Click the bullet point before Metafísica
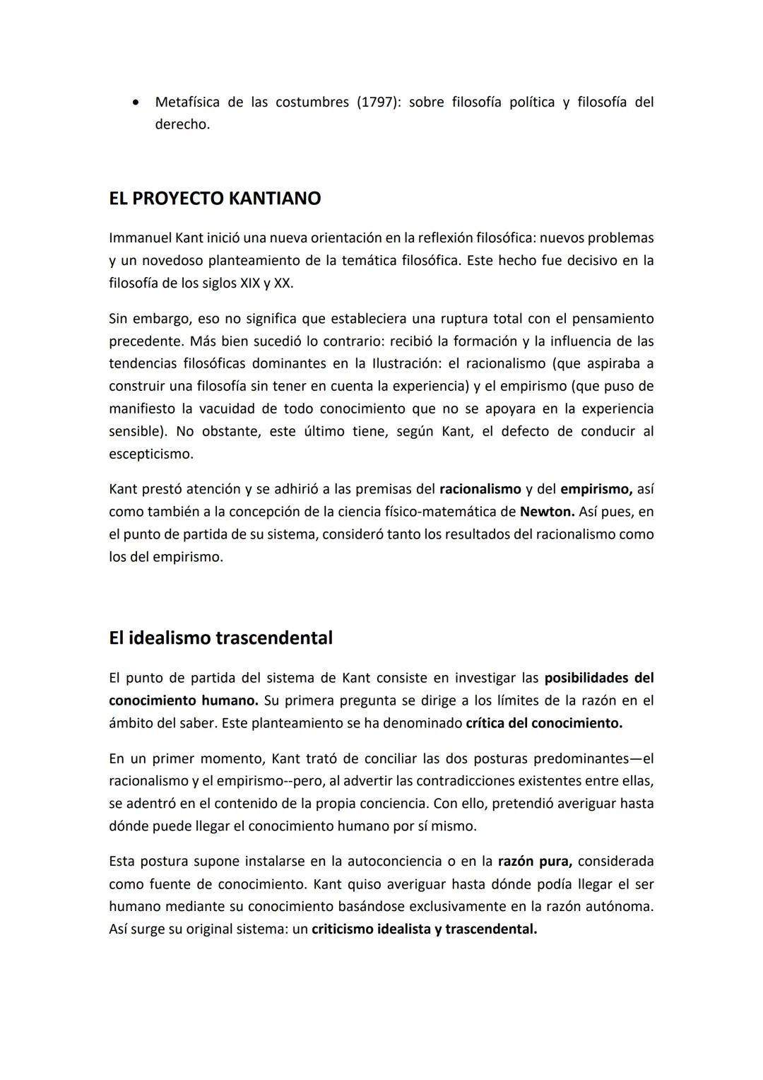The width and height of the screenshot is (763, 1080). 135,102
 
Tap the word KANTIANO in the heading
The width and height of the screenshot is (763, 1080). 274,199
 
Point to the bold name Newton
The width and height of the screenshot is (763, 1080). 546,511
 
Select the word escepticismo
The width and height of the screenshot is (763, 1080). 150,454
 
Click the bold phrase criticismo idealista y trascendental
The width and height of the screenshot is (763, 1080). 424,929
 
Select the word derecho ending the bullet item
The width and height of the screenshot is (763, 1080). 182,124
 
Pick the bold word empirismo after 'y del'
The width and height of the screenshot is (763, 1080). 596,488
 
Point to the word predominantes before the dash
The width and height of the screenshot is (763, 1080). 581,758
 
